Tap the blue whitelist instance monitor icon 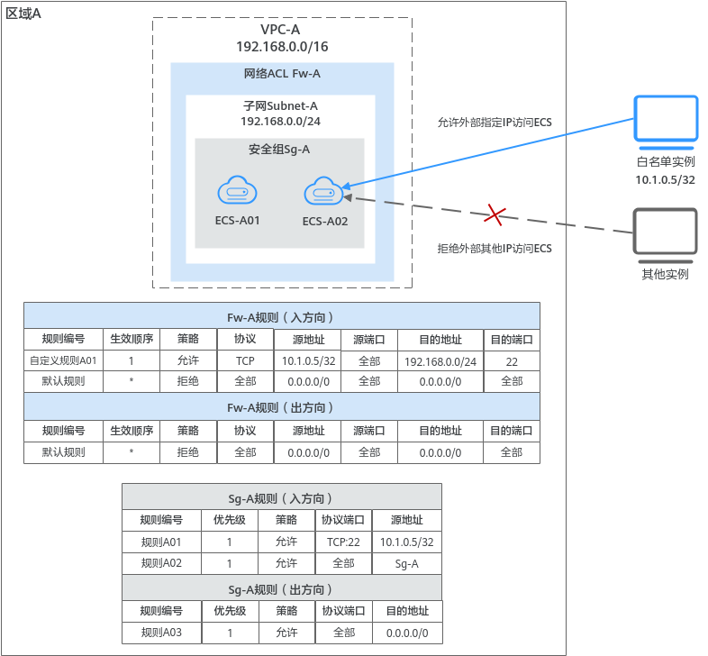coord(665,122)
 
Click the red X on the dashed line coord(495,214)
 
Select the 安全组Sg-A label coord(279,149)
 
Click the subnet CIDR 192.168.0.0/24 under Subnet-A coord(280,121)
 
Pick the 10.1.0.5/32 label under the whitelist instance coord(665,179)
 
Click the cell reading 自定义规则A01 coord(63,360)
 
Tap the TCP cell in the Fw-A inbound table coord(245,360)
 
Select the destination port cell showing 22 coord(512,360)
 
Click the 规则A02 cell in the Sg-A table coord(161,563)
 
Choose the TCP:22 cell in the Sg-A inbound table coord(343,542)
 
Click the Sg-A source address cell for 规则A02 coord(407,563)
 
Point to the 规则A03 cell coord(161,633)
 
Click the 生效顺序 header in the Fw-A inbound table coord(131,340)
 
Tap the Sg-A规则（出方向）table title coord(281,589)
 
